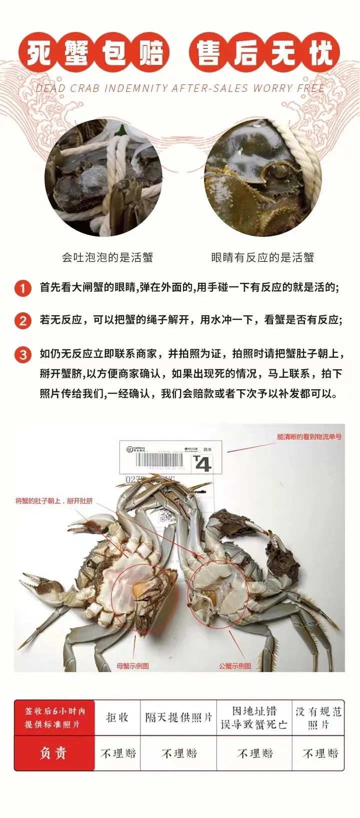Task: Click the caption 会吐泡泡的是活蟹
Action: (107, 258)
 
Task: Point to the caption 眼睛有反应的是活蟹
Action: (262, 258)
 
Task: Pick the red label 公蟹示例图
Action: (234, 666)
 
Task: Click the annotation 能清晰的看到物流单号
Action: (309, 437)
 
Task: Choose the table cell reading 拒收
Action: (117, 717)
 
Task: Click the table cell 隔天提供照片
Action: (178, 717)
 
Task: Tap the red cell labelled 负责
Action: (53, 753)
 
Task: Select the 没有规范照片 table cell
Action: (318, 718)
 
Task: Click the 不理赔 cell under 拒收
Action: (117, 753)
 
